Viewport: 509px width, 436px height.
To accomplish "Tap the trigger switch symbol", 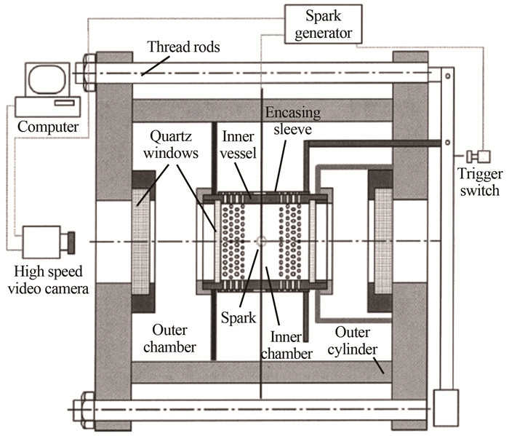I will click(479, 156).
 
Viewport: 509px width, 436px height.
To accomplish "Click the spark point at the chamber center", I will click(262, 241).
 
